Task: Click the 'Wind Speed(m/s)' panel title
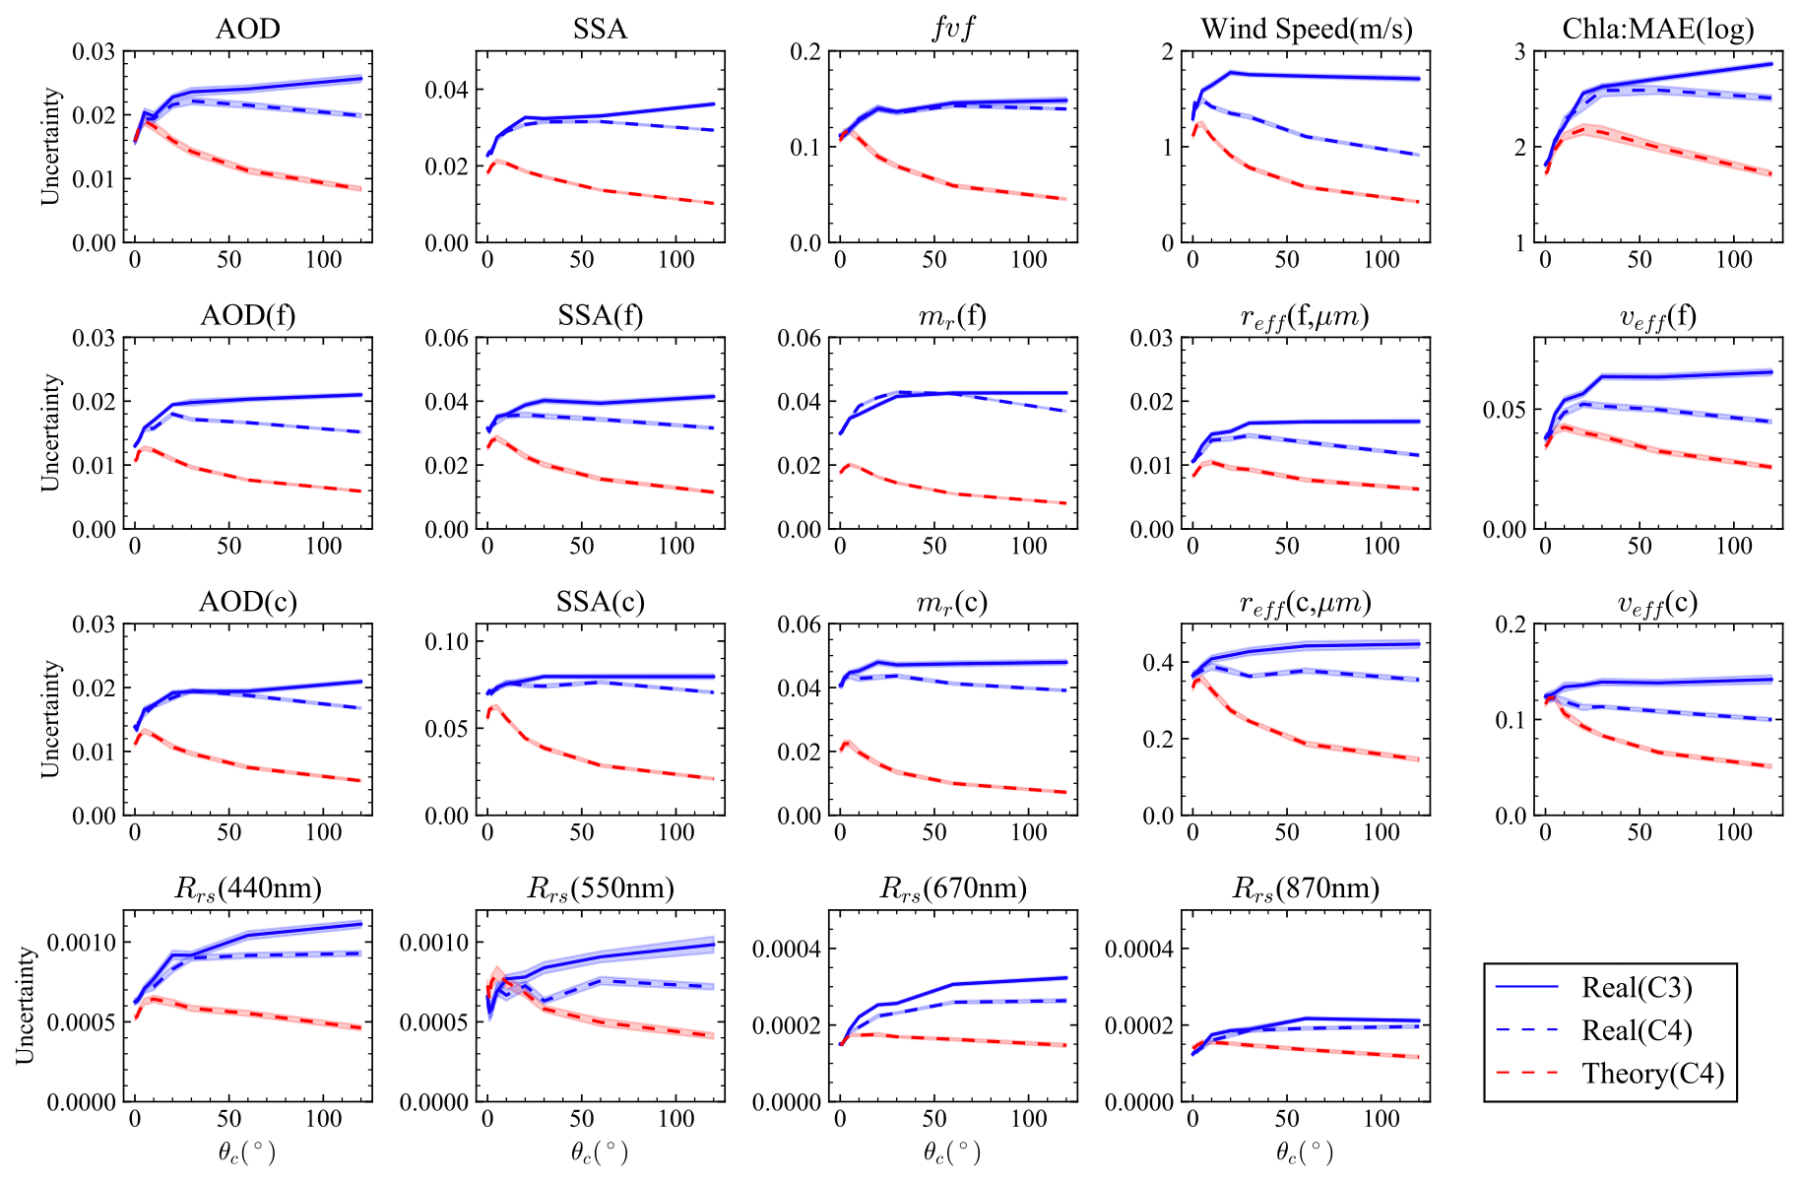[1306, 29]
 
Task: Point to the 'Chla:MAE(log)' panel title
[1658, 29]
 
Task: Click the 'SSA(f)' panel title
[600, 315]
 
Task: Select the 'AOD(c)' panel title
[247, 602]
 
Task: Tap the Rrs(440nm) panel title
[247, 888]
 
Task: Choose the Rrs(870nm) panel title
[1306, 888]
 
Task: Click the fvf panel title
[952, 29]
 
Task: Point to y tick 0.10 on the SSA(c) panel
[446, 642]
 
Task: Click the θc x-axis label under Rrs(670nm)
[952, 1151]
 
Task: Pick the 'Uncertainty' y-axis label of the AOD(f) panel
[50, 432]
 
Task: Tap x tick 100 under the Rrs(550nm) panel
[675, 1119]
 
